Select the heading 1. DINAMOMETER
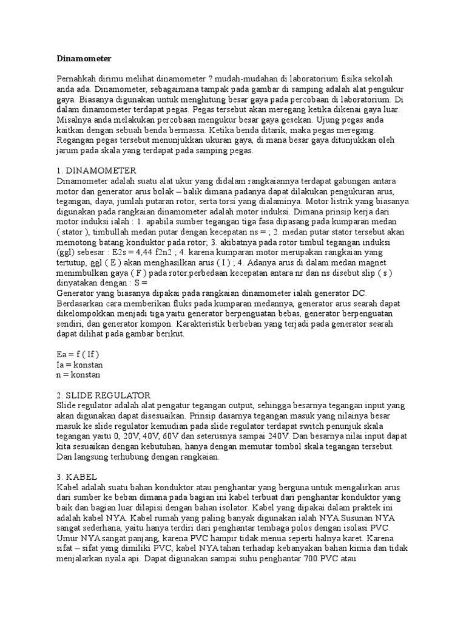[x=96, y=170]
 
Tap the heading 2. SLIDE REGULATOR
[x=104, y=395]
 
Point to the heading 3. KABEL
[x=78, y=477]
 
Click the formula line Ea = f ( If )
[x=78, y=354]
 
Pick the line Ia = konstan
[x=79, y=364]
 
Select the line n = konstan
[x=79, y=375]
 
